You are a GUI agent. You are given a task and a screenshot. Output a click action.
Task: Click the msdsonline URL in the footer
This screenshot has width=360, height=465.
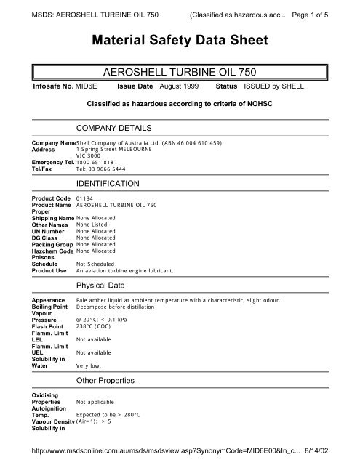pos(174,452)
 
